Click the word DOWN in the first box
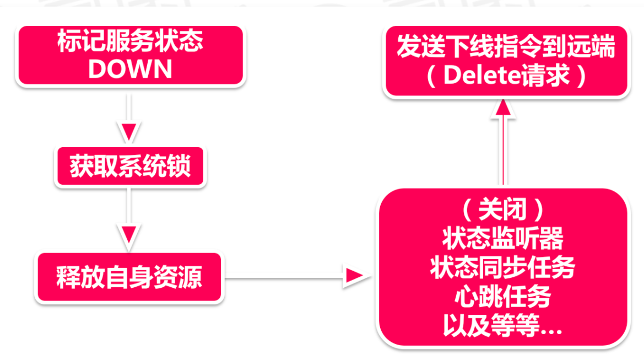(x=130, y=69)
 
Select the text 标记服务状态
(x=130, y=42)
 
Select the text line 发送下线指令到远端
(x=506, y=49)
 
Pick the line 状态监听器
(x=502, y=240)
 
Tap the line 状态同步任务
(x=502, y=268)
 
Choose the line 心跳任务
(x=502, y=298)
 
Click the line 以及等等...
(x=502, y=326)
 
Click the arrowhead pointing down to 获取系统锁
(x=130, y=132)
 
